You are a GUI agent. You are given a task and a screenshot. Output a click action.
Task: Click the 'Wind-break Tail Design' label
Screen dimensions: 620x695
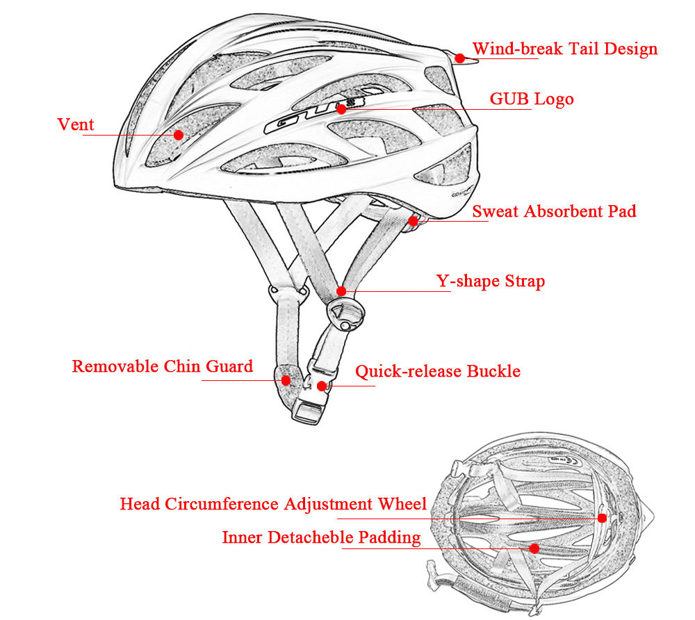[x=564, y=49]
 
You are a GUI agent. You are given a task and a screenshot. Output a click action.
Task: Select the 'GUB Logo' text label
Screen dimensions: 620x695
[x=532, y=99]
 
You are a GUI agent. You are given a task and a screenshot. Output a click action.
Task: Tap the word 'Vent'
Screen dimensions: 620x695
[x=75, y=125]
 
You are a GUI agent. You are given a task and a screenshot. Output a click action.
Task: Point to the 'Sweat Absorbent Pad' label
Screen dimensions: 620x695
[x=554, y=211]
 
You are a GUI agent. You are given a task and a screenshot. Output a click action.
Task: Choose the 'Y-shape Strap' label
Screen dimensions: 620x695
[x=491, y=282]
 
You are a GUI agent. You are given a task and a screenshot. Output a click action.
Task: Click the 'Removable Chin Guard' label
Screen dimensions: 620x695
[x=162, y=366]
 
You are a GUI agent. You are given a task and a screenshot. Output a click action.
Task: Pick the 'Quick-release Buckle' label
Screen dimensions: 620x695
[x=438, y=371]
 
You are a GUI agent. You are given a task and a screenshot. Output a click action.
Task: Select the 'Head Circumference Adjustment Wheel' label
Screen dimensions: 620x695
[x=273, y=504]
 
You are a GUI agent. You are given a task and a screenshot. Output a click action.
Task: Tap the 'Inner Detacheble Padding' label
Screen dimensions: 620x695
[x=321, y=537]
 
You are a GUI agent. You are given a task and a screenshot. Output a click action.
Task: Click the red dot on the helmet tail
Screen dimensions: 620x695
[x=459, y=58]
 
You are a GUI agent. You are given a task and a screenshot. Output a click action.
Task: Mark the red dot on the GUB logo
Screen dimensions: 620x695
[x=341, y=109]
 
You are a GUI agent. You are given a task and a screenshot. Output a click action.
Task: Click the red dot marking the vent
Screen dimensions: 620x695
[x=179, y=135]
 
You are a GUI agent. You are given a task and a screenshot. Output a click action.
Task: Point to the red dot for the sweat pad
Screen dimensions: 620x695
[x=414, y=222]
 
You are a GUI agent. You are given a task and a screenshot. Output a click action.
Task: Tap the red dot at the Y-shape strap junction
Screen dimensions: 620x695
[x=341, y=291]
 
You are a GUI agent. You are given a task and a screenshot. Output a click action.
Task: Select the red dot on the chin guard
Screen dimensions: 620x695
[x=286, y=380]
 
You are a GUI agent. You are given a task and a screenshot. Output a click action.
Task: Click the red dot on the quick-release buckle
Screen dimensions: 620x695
[x=321, y=386]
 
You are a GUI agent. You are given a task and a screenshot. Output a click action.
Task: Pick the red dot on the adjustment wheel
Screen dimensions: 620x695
[x=602, y=518]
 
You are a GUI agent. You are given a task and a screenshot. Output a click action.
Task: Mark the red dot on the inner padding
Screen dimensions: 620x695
[x=534, y=548]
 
